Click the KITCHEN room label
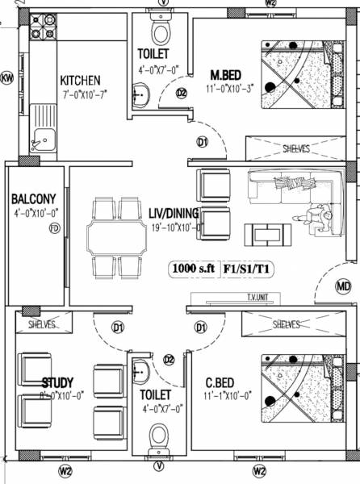[x=80, y=80]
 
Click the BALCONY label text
[x=33, y=199]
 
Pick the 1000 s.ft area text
[x=192, y=268]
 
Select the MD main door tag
[x=344, y=286]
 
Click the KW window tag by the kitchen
[x=7, y=78]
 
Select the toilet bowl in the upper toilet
[x=161, y=32]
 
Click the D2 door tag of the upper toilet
[x=181, y=94]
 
